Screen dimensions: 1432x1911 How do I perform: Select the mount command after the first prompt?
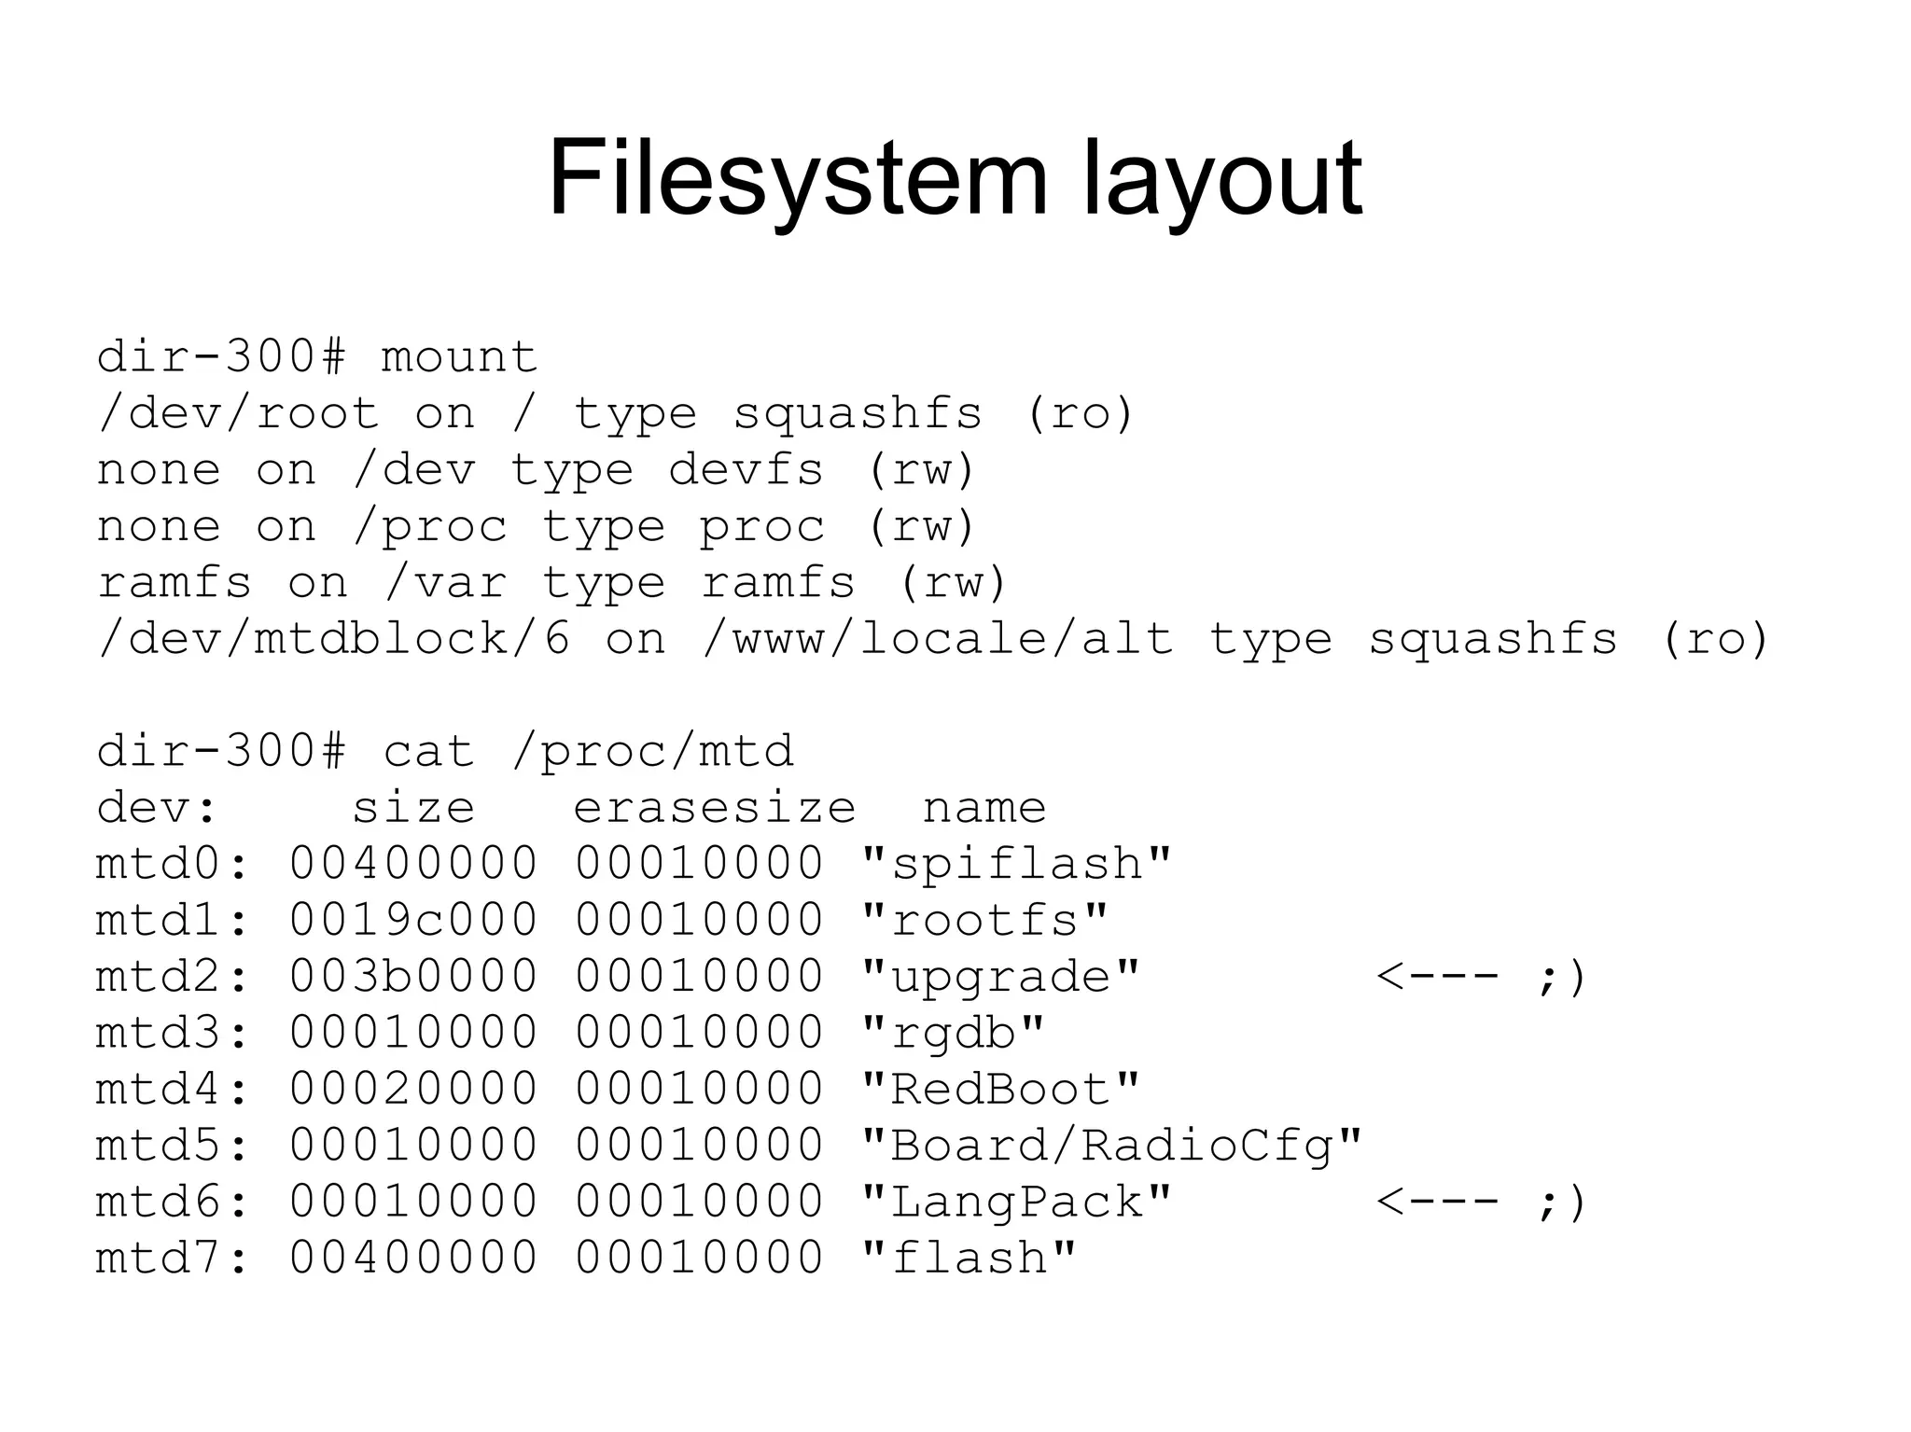point(459,358)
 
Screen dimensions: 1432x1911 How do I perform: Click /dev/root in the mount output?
point(239,414)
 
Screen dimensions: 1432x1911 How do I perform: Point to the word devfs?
point(746,470)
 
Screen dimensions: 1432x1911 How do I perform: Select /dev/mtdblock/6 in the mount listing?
point(333,640)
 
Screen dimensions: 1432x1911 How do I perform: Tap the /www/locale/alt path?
point(938,640)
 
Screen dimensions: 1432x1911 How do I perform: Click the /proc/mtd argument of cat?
point(652,752)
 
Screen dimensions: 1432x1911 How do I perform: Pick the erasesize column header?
point(714,808)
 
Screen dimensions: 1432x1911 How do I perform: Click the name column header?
point(984,808)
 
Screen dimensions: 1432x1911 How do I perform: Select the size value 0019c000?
point(413,921)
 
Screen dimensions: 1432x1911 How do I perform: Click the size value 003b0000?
point(413,977)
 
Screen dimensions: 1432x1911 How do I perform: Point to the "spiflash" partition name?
point(1016,865)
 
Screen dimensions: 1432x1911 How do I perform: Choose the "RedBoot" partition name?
point(1000,1090)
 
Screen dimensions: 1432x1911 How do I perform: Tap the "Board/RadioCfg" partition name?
point(1111,1146)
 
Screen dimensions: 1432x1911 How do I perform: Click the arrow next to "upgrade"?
point(1438,977)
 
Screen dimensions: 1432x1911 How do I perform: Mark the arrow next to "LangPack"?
point(1438,1202)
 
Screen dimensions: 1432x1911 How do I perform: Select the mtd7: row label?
point(174,1258)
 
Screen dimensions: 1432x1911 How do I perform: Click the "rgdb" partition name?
point(953,1034)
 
